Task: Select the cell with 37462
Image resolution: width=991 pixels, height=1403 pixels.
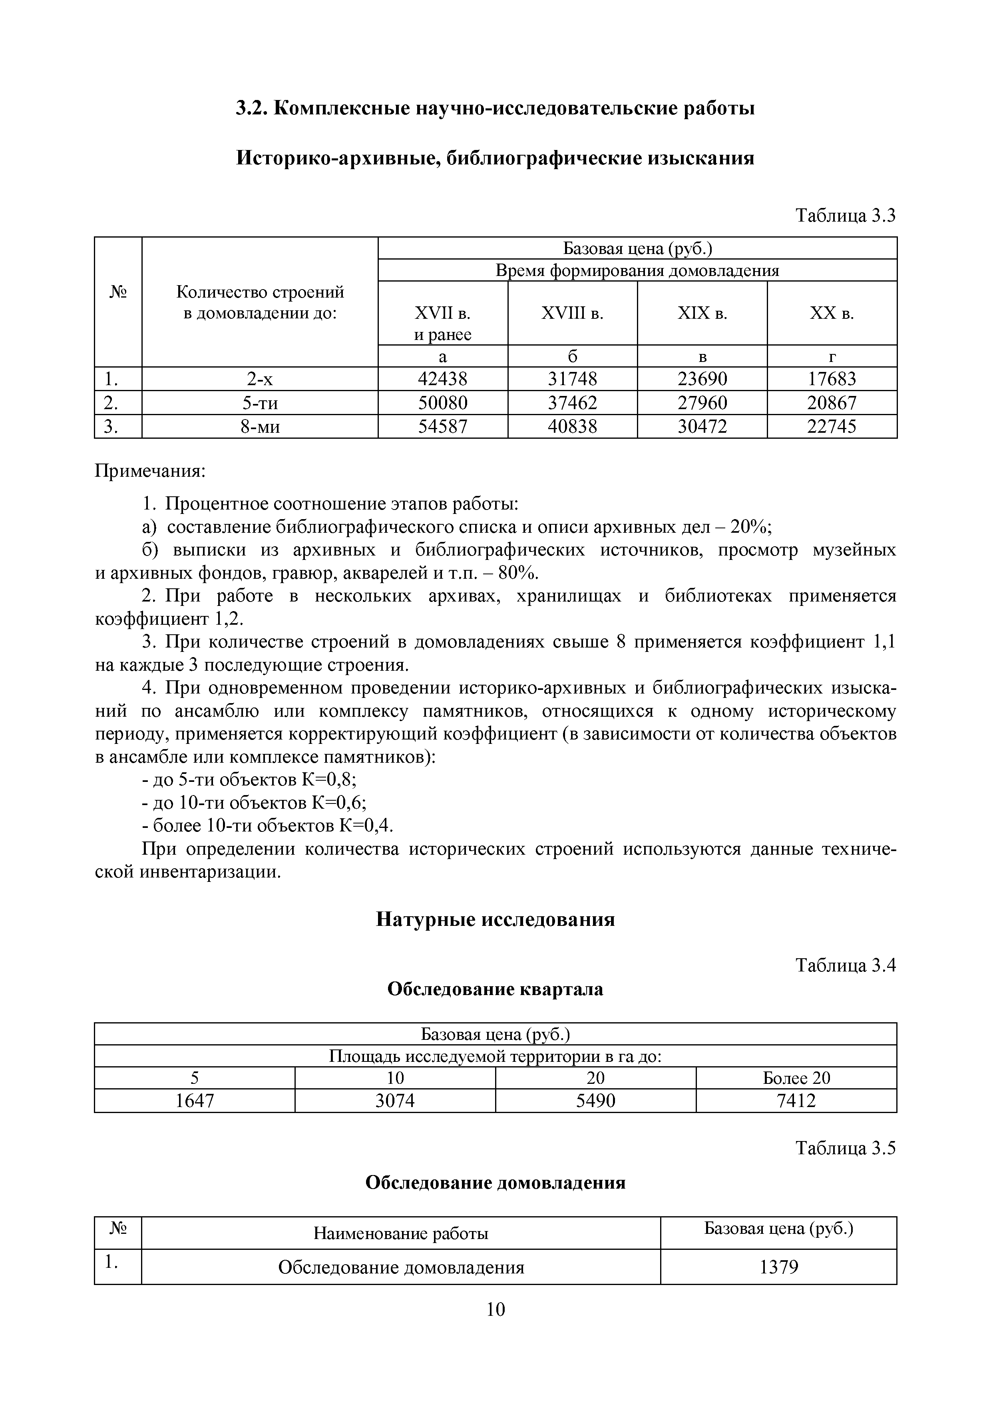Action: click(572, 403)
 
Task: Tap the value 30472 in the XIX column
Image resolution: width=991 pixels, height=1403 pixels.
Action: click(702, 426)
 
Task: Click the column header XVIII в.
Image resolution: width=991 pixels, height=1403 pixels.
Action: click(572, 314)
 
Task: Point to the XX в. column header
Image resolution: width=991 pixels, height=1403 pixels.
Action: click(832, 314)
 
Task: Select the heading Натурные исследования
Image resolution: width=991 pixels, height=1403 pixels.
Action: click(495, 919)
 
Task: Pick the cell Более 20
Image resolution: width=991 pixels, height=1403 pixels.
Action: click(796, 1078)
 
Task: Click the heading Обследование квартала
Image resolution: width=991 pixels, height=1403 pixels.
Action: click(495, 989)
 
